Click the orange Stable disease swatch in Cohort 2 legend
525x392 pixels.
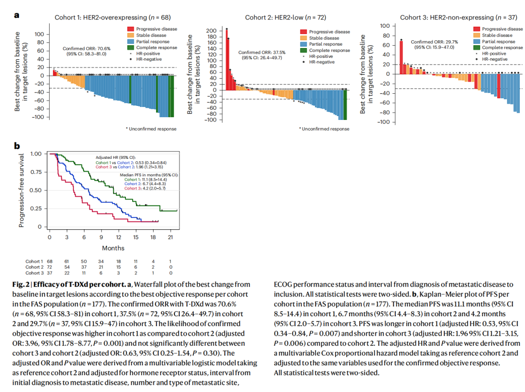(x=304, y=38)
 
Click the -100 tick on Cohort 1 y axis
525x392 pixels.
(x=39, y=117)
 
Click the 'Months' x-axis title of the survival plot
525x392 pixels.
(x=113, y=248)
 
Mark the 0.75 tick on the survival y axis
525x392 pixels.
(x=35, y=172)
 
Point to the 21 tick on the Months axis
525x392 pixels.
(x=170, y=237)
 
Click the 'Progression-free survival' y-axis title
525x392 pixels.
(x=21, y=190)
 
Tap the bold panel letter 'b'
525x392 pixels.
(x=17, y=145)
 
